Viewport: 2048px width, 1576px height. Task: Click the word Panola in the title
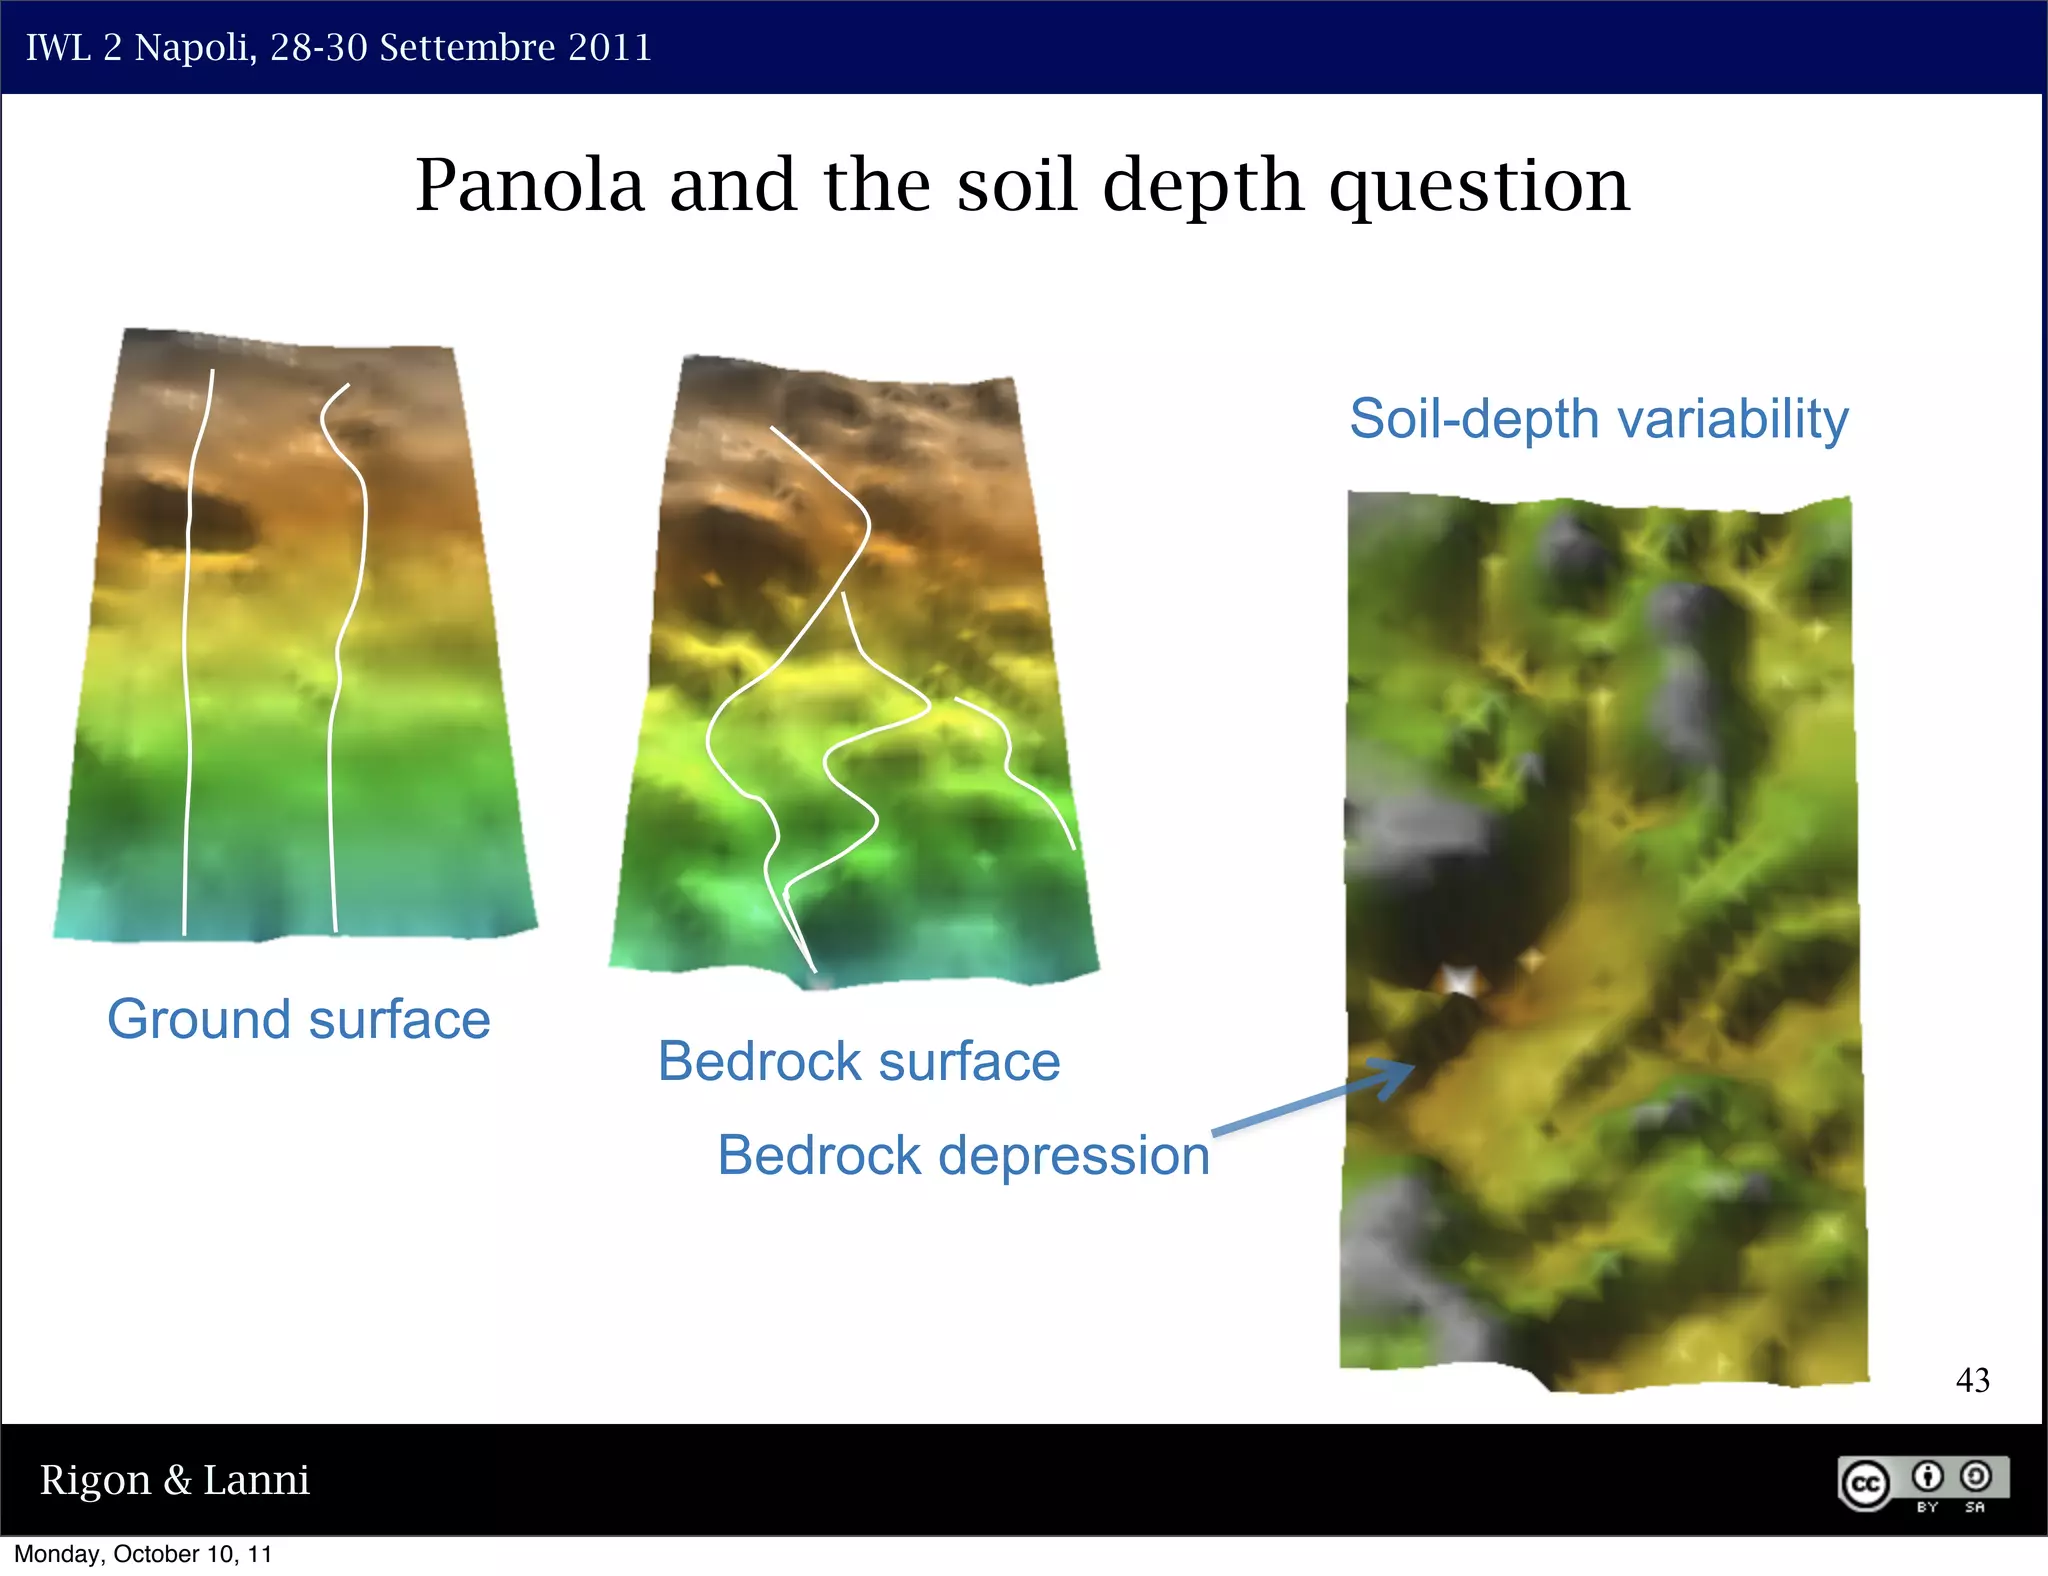[529, 185]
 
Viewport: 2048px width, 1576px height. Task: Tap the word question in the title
[1479, 187]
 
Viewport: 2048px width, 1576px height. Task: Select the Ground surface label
[298, 1019]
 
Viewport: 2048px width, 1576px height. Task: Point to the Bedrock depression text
[963, 1155]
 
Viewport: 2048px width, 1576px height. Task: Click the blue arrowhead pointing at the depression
[1394, 1077]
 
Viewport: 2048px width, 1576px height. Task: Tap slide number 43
[1972, 1380]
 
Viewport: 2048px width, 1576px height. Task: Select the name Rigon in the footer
[95, 1480]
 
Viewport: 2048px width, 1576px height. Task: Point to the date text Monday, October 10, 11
[143, 1554]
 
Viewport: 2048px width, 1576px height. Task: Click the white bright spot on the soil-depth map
[1459, 980]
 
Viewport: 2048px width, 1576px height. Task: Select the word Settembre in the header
[467, 48]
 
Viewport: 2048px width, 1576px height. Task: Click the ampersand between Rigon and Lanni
[177, 1480]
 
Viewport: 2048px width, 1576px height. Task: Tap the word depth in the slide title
[1203, 187]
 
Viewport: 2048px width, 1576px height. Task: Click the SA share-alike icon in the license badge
[1975, 1477]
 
